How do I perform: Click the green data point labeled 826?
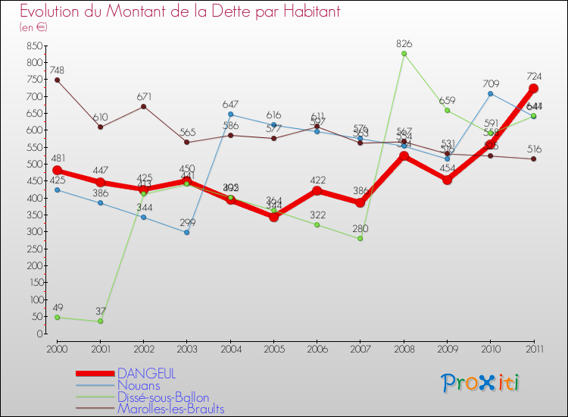tap(404, 54)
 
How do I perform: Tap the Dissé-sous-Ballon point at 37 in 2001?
tap(101, 321)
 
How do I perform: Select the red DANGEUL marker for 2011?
tap(533, 89)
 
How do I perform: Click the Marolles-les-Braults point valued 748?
tap(57, 80)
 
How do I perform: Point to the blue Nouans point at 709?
tap(491, 93)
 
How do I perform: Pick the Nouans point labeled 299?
tap(187, 232)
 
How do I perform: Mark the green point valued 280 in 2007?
tap(360, 239)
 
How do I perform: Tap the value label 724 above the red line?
tap(534, 76)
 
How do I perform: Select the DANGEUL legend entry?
tap(146, 374)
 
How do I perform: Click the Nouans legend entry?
tap(139, 386)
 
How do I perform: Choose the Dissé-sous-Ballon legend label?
tap(163, 398)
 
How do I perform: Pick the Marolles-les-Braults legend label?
tap(170, 409)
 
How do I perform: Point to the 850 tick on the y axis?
tap(33, 45)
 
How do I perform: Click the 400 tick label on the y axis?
tap(33, 198)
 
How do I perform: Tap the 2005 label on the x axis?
tap(274, 348)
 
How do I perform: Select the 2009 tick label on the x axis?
tap(448, 348)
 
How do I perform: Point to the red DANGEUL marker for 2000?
tap(57, 171)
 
